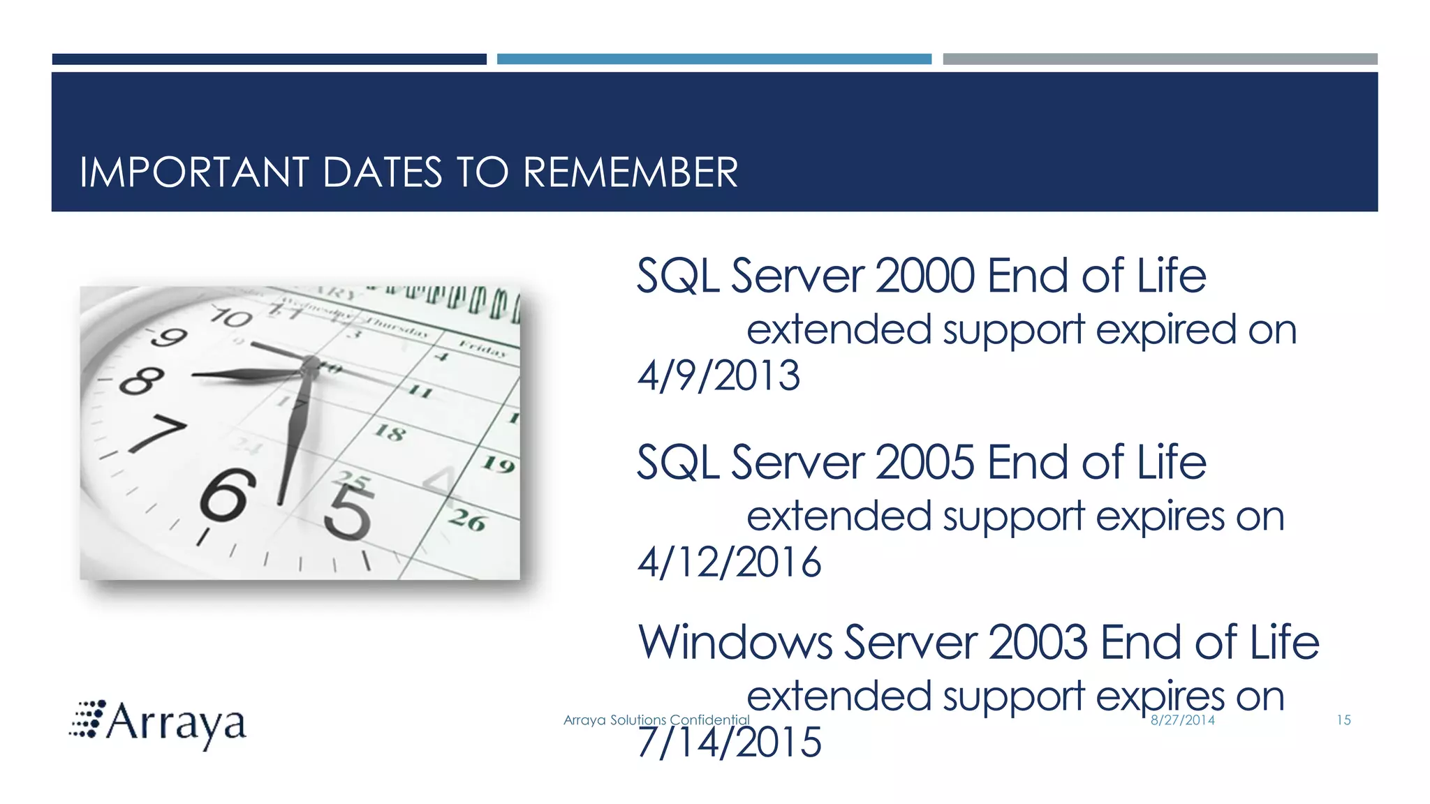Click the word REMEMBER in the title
pyautogui.click(x=630, y=172)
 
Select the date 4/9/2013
pyautogui.click(x=718, y=375)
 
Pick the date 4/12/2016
pyautogui.click(x=729, y=562)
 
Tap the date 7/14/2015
pyautogui.click(x=729, y=742)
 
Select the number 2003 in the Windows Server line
pyautogui.click(x=1038, y=642)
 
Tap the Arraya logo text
pyautogui.click(x=175, y=723)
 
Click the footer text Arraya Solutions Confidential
pyautogui.click(x=656, y=720)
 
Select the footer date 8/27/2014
pyautogui.click(x=1182, y=720)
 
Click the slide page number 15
pyautogui.click(x=1343, y=720)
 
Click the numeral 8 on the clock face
pyautogui.click(x=142, y=381)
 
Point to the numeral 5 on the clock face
pyautogui.click(x=347, y=512)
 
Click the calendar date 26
pyautogui.click(x=466, y=520)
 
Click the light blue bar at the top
pyautogui.click(x=714, y=59)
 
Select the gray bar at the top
pyautogui.click(x=1160, y=59)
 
